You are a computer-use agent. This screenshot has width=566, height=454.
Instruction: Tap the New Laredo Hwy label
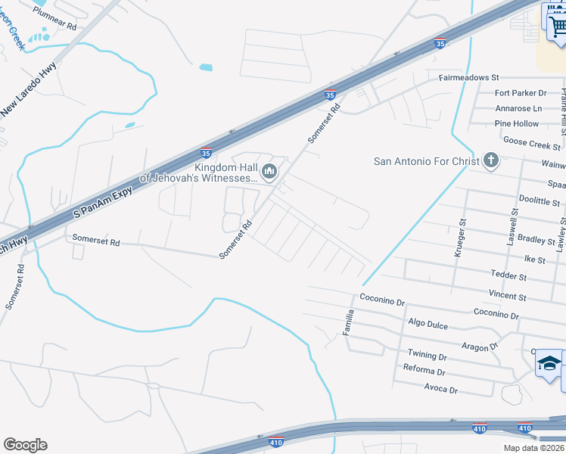pyautogui.click(x=30, y=90)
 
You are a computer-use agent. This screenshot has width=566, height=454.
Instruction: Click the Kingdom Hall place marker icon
pyautogui.click(x=269, y=173)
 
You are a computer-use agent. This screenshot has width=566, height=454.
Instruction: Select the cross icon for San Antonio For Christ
pyautogui.click(x=491, y=160)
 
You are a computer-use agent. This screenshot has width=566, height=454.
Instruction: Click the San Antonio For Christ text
pyautogui.click(x=427, y=161)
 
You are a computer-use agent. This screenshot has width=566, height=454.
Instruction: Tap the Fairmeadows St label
pyautogui.click(x=469, y=78)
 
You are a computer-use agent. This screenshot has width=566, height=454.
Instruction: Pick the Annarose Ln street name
pyautogui.click(x=518, y=108)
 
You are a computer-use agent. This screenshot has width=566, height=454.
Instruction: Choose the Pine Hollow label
pyautogui.click(x=516, y=123)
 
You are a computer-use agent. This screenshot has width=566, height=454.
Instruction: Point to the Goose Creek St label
pyautogui.click(x=532, y=142)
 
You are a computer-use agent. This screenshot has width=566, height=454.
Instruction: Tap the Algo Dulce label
pyautogui.click(x=428, y=325)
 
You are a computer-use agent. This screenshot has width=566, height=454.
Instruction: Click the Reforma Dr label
pyautogui.click(x=424, y=372)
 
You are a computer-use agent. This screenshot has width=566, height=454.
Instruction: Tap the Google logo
pyautogui.click(x=25, y=445)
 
